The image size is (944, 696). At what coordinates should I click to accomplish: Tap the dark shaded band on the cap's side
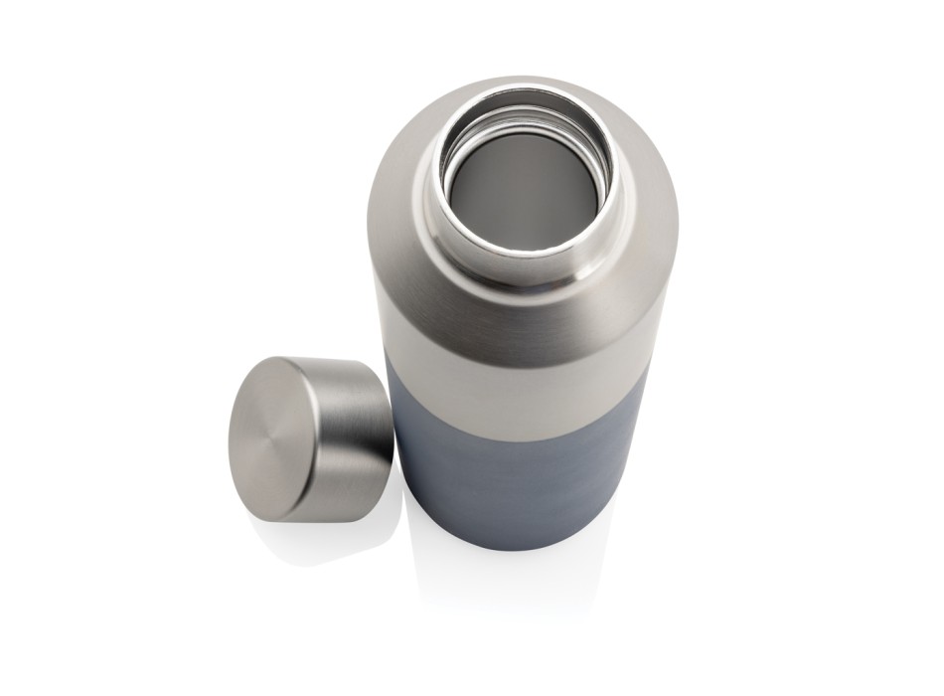click(x=373, y=418)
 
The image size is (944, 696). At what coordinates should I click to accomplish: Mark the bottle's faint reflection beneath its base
click(x=517, y=577)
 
